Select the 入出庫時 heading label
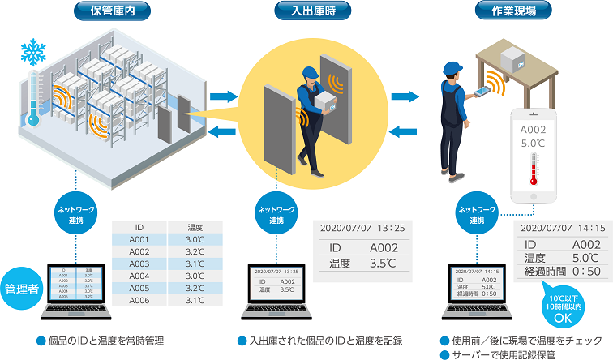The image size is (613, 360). tap(306, 11)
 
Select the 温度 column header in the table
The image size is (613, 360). tap(195, 227)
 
